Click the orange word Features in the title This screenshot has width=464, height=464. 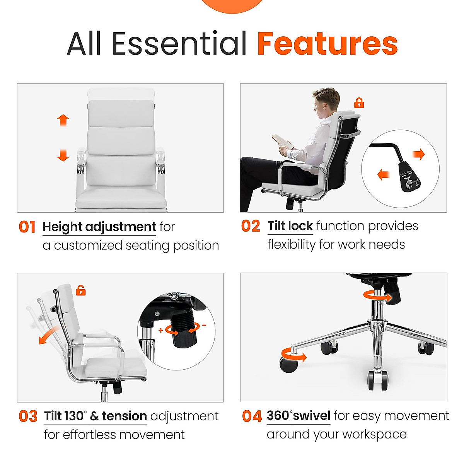click(x=327, y=43)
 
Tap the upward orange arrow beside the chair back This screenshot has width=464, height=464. click(x=63, y=120)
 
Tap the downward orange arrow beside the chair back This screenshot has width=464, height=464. click(x=63, y=155)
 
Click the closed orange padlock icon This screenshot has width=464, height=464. click(x=359, y=103)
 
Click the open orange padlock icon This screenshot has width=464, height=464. click(x=80, y=290)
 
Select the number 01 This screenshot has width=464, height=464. click(x=27, y=227)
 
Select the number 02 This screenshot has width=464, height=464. click(x=251, y=226)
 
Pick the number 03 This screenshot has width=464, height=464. click(x=28, y=416)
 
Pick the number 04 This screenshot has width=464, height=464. click(x=252, y=416)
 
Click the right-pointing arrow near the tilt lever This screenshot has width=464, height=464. click(x=418, y=155)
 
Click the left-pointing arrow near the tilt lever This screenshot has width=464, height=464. click(x=383, y=175)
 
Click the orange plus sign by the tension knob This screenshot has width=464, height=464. click(x=161, y=330)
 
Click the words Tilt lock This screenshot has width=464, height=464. click(x=290, y=226)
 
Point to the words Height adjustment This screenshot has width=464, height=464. click(x=99, y=227)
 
